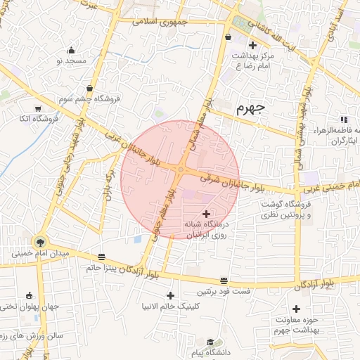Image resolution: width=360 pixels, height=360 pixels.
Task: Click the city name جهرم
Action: (250, 108)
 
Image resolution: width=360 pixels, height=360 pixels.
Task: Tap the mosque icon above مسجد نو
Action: (71, 50)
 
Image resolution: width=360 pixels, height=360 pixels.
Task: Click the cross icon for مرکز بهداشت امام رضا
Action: (252, 46)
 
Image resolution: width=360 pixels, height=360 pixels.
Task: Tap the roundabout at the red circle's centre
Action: (181, 169)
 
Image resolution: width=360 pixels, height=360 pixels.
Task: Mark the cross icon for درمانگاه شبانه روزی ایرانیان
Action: (206, 213)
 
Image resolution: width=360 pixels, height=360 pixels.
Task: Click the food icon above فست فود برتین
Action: (224, 280)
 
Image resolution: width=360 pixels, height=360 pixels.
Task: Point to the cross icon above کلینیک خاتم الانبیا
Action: (170, 295)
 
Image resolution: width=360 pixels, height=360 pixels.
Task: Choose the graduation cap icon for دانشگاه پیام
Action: (210, 342)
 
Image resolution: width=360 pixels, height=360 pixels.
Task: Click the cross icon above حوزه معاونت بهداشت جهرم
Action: (296, 309)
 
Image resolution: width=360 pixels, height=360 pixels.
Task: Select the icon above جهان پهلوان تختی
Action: (30, 295)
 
